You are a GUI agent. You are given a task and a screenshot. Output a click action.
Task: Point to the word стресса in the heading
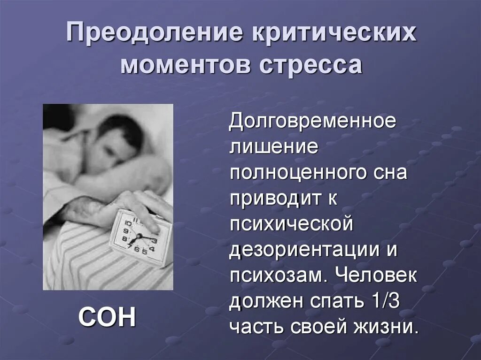[310, 65]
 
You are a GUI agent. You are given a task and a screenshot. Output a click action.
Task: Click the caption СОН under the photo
[107, 318]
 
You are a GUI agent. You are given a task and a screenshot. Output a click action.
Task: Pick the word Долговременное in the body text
[312, 123]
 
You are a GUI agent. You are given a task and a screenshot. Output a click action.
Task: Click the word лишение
[274, 148]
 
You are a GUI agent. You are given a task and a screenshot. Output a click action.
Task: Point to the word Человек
[376, 275]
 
